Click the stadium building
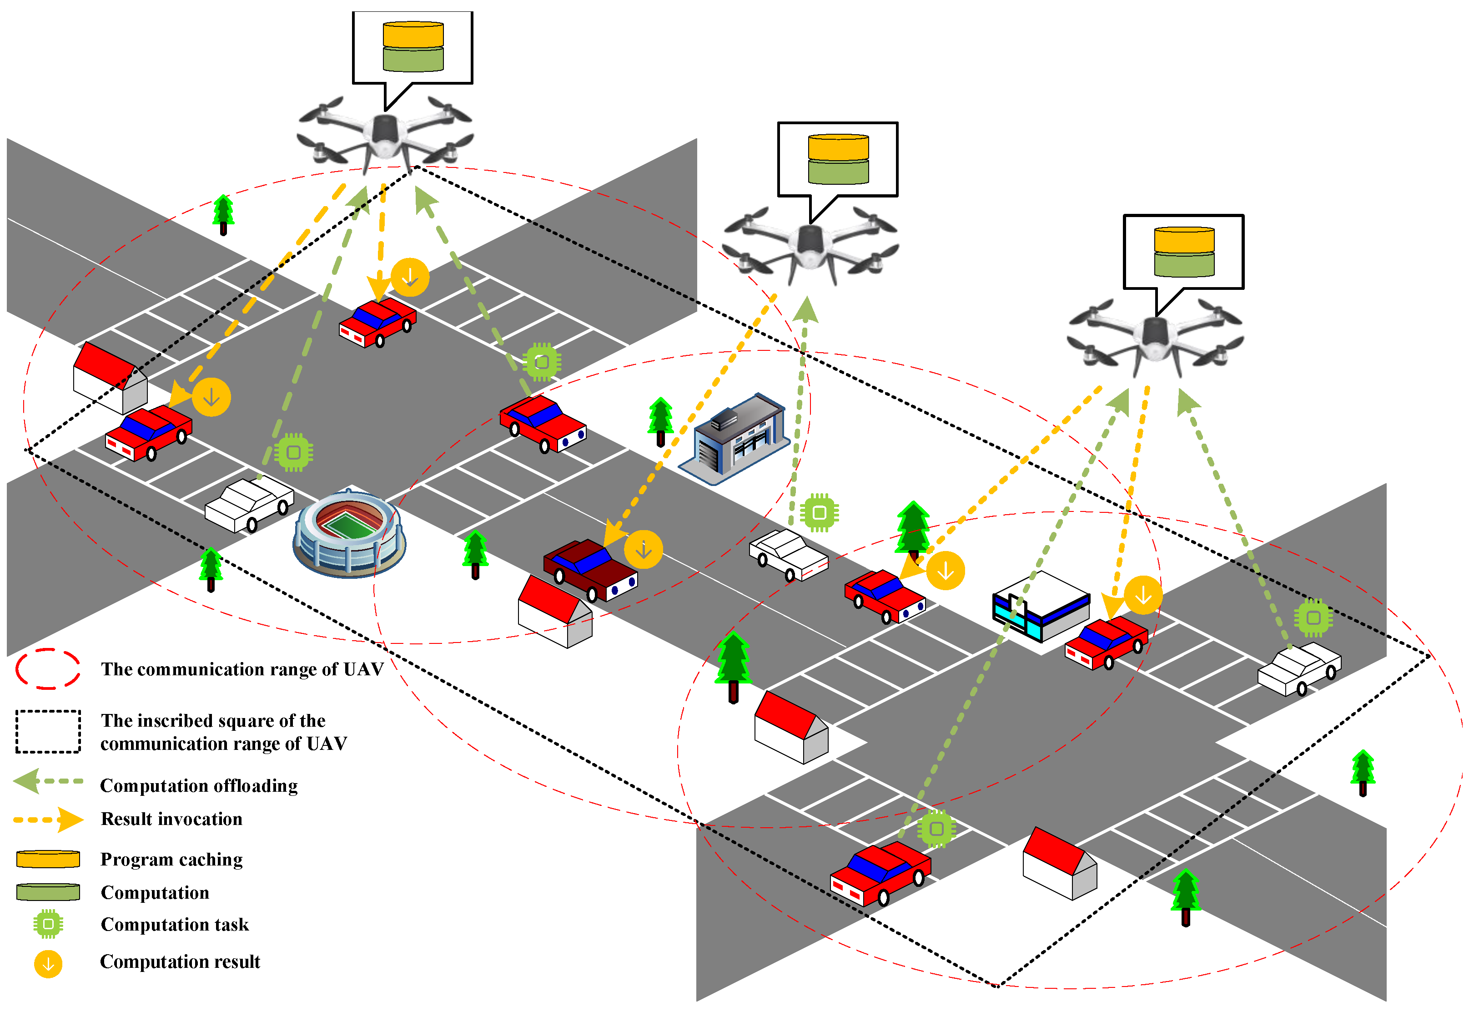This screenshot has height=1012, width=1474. click(x=349, y=535)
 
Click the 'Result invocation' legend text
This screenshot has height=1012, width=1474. click(x=171, y=819)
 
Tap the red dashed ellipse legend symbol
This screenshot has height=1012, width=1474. click(x=48, y=669)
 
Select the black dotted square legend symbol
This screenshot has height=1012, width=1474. click(x=48, y=732)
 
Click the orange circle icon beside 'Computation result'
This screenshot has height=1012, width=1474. click(x=48, y=964)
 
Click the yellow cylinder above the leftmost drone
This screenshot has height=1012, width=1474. click(x=413, y=34)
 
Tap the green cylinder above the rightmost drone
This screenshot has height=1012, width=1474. click(x=1183, y=264)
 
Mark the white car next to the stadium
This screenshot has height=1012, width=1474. click(x=249, y=505)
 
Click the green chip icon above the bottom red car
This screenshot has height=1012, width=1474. click(x=936, y=829)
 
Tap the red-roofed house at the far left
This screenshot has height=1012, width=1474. click(x=110, y=378)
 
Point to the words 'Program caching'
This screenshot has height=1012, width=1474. click(x=171, y=859)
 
